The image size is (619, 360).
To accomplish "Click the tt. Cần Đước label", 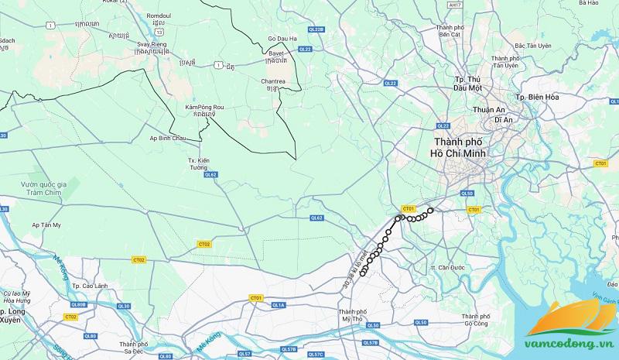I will (447, 268).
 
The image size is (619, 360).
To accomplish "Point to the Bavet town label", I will (275, 54).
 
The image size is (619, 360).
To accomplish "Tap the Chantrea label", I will (273, 81).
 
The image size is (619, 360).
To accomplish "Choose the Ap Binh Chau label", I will (169, 138).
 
